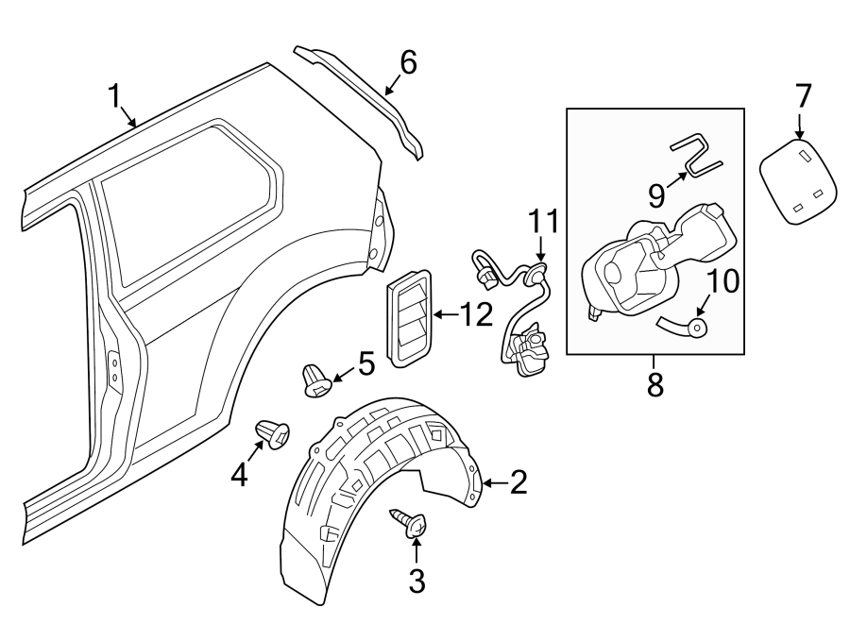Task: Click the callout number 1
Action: click(115, 96)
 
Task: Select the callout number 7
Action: click(802, 95)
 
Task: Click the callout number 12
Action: click(477, 315)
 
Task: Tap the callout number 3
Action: click(416, 581)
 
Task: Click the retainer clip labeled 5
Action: click(315, 379)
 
